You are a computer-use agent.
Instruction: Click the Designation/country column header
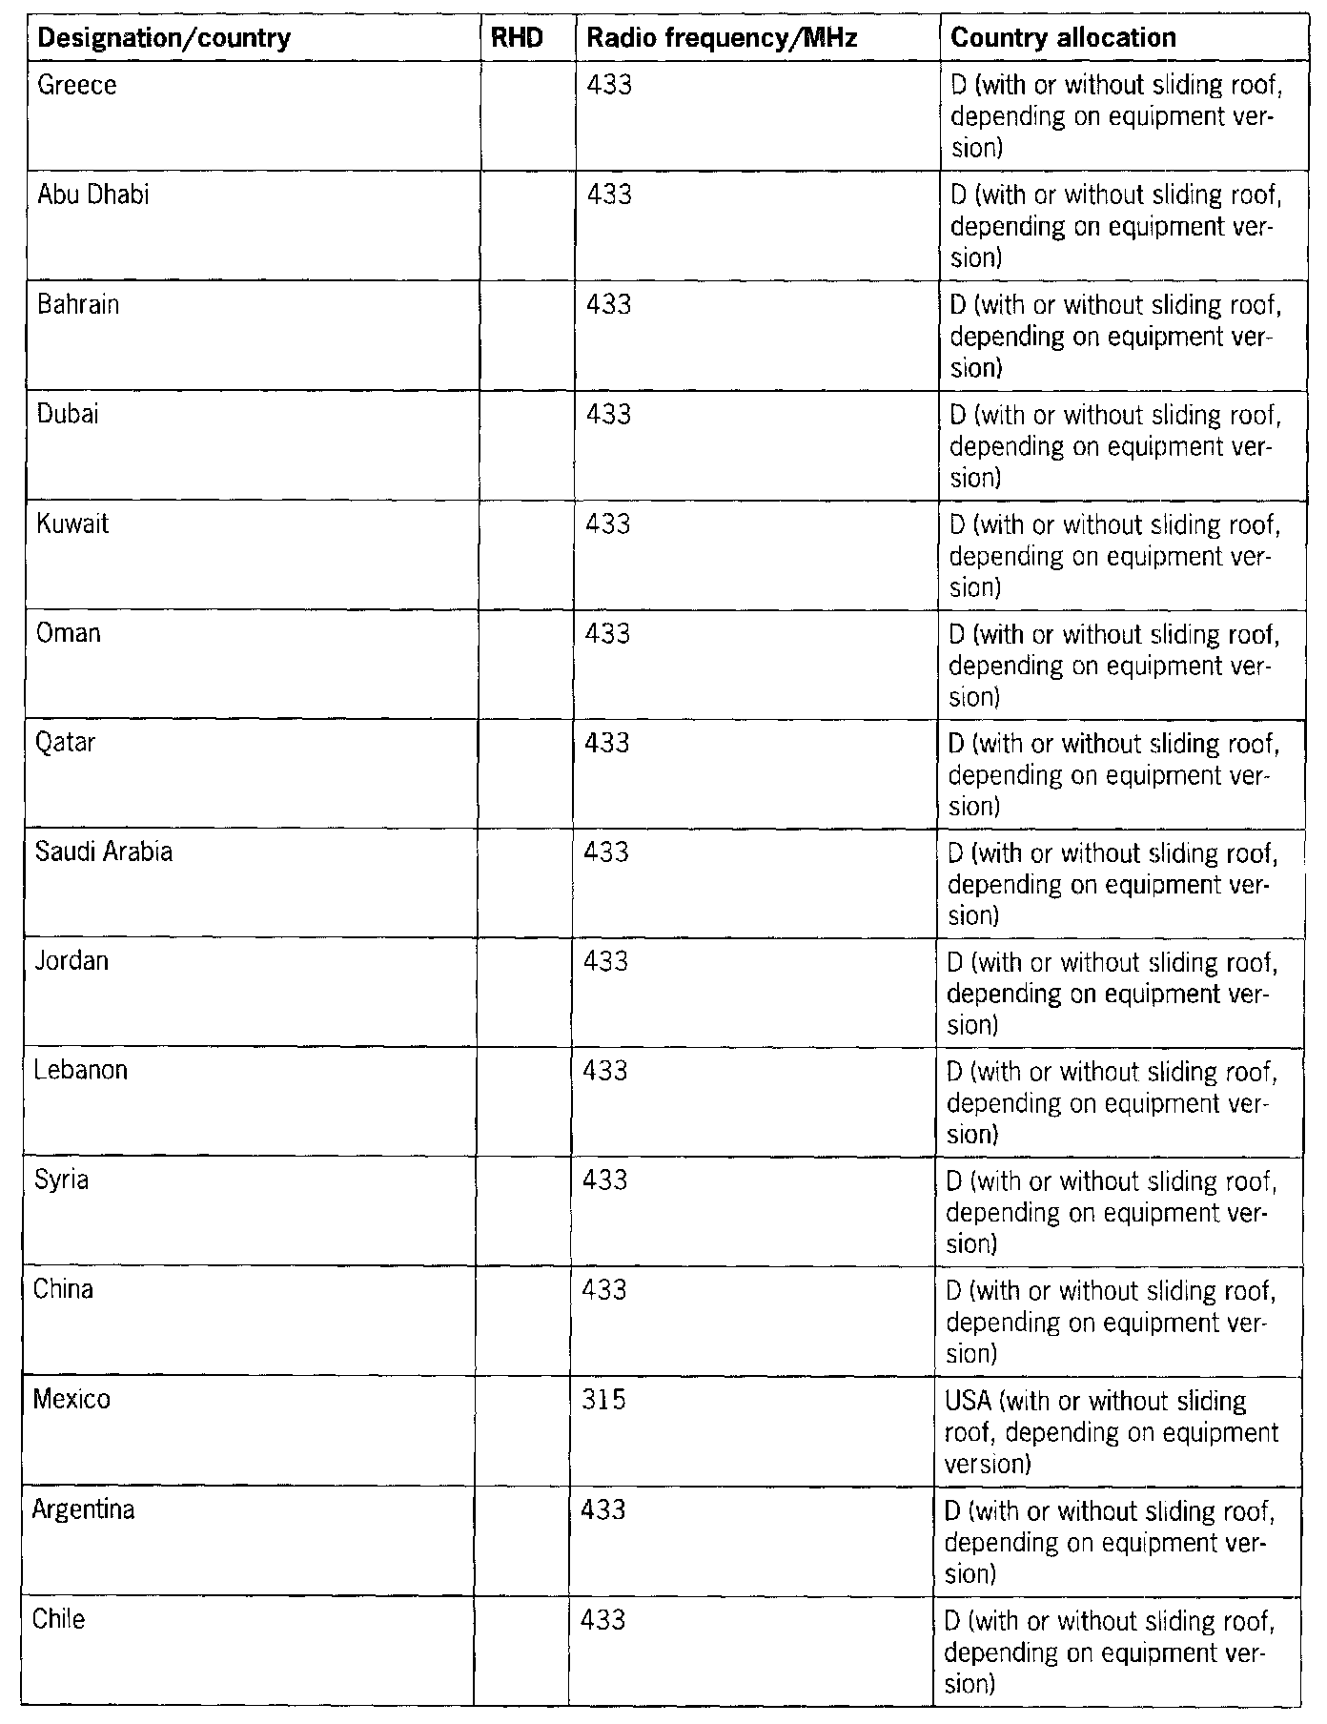pyautogui.click(x=164, y=39)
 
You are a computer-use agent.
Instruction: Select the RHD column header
pyautogui.click(x=523, y=39)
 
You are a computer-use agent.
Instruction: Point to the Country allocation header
pyautogui.click(x=1063, y=39)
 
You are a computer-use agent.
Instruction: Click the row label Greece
pyautogui.click(x=76, y=86)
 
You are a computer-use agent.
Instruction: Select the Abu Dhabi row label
pyautogui.click(x=93, y=195)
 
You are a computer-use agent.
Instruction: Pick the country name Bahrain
pyautogui.click(x=78, y=305)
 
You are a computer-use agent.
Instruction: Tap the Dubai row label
pyautogui.click(x=68, y=415)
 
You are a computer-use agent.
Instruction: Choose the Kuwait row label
pyautogui.click(x=72, y=524)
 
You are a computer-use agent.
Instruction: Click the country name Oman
pyautogui.click(x=69, y=634)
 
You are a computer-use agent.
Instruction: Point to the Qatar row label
pyautogui.click(x=66, y=743)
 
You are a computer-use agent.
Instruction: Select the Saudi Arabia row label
pyautogui.click(x=104, y=852)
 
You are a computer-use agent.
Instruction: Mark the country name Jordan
pyautogui.click(x=71, y=961)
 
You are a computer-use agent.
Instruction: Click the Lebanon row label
pyautogui.click(x=80, y=1071)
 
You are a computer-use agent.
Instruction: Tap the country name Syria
pyautogui.click(x=61, y=1180)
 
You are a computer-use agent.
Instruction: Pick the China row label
pyautogui.click(x=63, y=1290)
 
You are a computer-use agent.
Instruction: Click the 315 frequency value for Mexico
pyautogui.click(x=603, y=1401)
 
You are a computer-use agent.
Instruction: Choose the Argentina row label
pyautogui.click(x=83, y=1510)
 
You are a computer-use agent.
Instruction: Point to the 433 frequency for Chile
pyautogui.click(x=603, y=1620)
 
